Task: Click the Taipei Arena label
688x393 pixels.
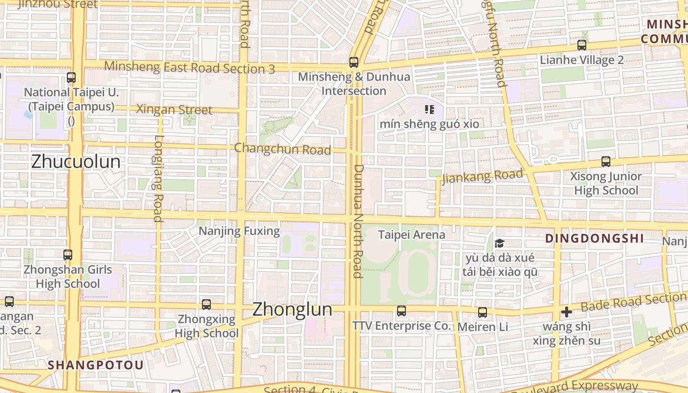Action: point(411,235)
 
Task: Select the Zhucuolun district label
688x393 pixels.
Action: point(76,162)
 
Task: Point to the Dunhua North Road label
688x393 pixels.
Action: point(358,221)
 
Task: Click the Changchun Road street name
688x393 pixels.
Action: point(283,149)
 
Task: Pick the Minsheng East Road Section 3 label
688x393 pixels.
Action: point(190,67)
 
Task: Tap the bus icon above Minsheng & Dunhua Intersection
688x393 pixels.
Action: point(353,62)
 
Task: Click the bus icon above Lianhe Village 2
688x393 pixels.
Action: point(582,45)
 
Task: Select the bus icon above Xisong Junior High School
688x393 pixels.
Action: point(606,162)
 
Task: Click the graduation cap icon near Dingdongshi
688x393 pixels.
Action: point(499,243)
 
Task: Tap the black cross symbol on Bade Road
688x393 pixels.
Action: point(566,312)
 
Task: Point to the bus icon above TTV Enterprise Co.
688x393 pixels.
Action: point(401,311)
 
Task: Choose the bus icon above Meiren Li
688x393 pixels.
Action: point(483,312)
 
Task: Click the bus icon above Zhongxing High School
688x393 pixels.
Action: point(206,305)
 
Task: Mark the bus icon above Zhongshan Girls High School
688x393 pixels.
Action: point(68,255)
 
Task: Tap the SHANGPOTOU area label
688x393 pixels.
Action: point(96,365)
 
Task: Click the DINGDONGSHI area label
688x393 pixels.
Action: point(595,239)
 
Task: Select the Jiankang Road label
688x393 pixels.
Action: point(482,176)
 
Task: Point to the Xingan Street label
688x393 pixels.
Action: point(174,110)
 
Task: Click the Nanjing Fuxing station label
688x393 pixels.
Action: point(239,231)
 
